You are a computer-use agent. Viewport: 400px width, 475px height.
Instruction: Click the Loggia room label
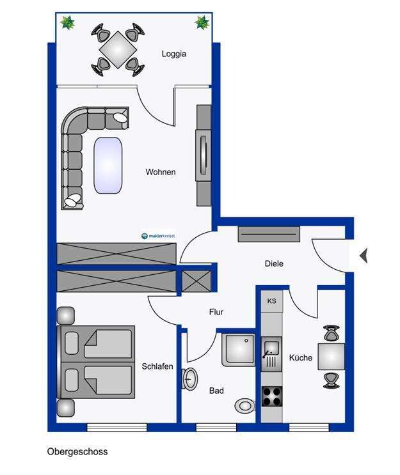[174, 54]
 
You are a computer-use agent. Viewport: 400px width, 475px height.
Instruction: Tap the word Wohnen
[161, 172]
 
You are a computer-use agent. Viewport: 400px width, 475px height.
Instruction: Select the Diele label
[274, 263]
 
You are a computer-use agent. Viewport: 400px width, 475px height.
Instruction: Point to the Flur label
[216, 312]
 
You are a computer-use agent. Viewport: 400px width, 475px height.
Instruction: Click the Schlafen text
[157, 366]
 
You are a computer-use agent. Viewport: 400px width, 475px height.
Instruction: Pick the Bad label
[216, 391]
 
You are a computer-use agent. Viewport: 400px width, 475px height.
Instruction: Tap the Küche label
[301, 358]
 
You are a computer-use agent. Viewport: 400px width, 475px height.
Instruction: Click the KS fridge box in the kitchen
[272, 301]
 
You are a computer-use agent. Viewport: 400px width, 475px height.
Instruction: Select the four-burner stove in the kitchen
[272, 396]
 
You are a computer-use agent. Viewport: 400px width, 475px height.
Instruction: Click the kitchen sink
[271, 354]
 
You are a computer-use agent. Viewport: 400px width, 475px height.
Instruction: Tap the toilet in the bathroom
[244, 405]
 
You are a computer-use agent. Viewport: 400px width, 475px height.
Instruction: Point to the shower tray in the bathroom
[239, 350]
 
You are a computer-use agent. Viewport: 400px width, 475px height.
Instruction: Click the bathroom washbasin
[190, 379]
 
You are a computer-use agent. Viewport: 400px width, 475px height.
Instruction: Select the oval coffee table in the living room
[108, 166]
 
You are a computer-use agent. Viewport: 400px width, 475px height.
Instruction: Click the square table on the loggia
[118, 50]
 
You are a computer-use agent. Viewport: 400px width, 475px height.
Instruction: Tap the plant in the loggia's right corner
[202, 22]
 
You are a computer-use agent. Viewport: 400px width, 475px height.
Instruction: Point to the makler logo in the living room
[158, 236]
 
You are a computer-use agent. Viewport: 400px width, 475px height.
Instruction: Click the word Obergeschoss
[77, 452]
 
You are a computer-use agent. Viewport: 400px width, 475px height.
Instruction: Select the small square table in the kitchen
[331, 357]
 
